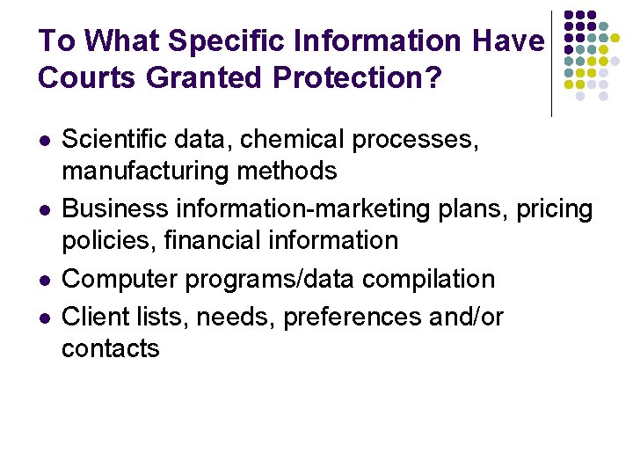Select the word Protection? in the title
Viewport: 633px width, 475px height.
point(358,77)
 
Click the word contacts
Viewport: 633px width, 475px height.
point(111,347)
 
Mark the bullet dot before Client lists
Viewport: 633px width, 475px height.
point(43,317)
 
